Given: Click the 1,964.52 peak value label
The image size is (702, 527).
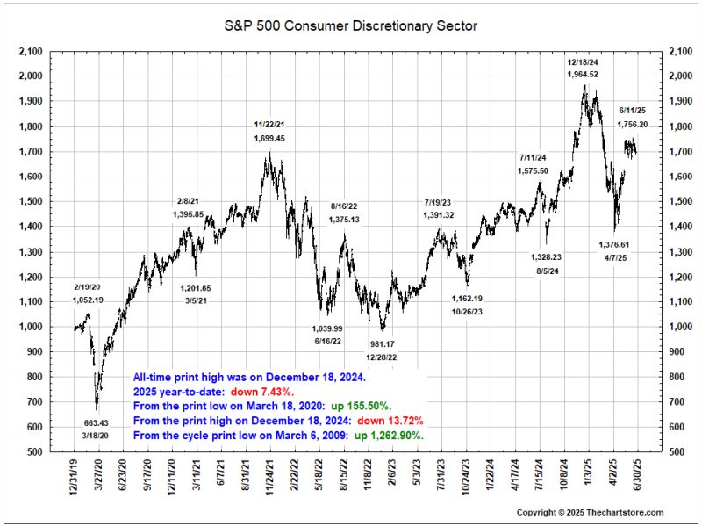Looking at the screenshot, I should [583, 75].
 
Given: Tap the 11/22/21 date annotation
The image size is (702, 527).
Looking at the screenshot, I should [269, 125].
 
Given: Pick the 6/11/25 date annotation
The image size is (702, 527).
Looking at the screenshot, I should [634, 111].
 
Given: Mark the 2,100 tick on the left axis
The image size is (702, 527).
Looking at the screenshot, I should [31, 52].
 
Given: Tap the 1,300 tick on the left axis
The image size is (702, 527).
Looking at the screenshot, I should [31, 252].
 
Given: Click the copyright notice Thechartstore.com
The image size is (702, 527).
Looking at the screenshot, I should [590, 512].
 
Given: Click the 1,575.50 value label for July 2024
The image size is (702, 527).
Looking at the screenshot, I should [533, 170].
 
